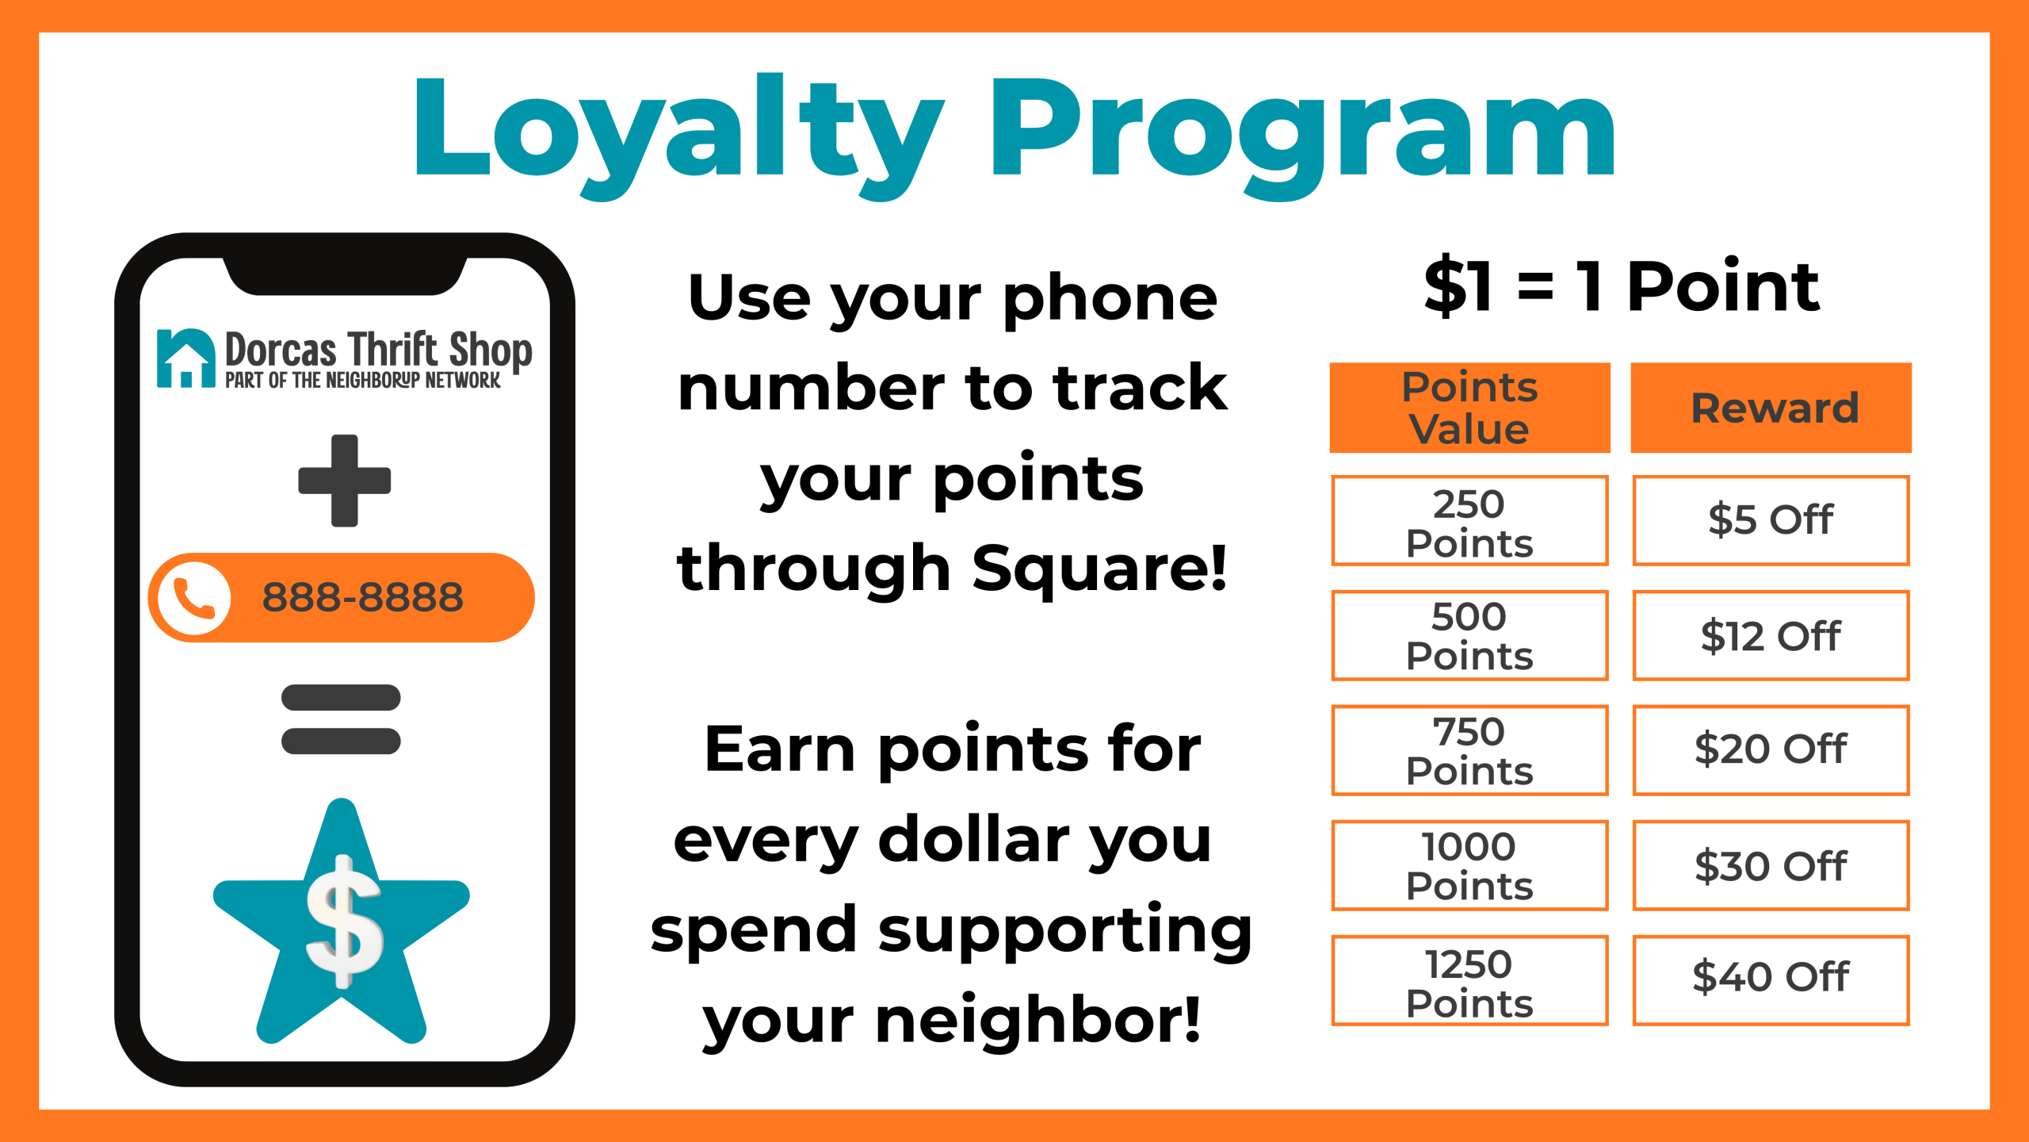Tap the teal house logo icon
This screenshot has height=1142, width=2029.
pyautogui.click(x=186, y=358)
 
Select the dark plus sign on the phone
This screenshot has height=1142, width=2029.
pyautogui.click(x=344, y=481)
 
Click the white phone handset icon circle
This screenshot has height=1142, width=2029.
pyautogui.click(x=194, y=598)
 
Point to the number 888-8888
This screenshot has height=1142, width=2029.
pyautogui.click(x=362, y=597)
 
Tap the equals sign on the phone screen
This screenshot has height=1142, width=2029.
pyautogui.click(x=341, y=719)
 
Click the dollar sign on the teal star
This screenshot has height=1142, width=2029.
pyautogui.click(x=344, y=922)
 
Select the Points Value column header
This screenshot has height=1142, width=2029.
pyautogui.click(x=1469, y=408)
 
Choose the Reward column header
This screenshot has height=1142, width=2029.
pyautogui.click(x=1771, y=408)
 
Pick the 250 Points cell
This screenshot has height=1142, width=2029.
pyautogui.click(x=1469, y=520)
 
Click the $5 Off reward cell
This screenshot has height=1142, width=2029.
pyautogui.click(x=1771, y=520)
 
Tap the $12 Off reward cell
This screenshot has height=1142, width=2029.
pyautogui.click(x=1771, y=635)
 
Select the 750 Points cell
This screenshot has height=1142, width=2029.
pyautogui.click(x=1469, y=750)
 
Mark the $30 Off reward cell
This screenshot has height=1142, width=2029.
pyautogui.click(x=1771, y=865)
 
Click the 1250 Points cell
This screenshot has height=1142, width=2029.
pyautogui.click(x=1469, y=981)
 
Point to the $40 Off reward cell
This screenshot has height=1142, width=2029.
pyautogui.click(x=1771, y=981)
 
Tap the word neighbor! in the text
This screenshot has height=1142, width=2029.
pyautogui.click(x=1038, y=1020)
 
